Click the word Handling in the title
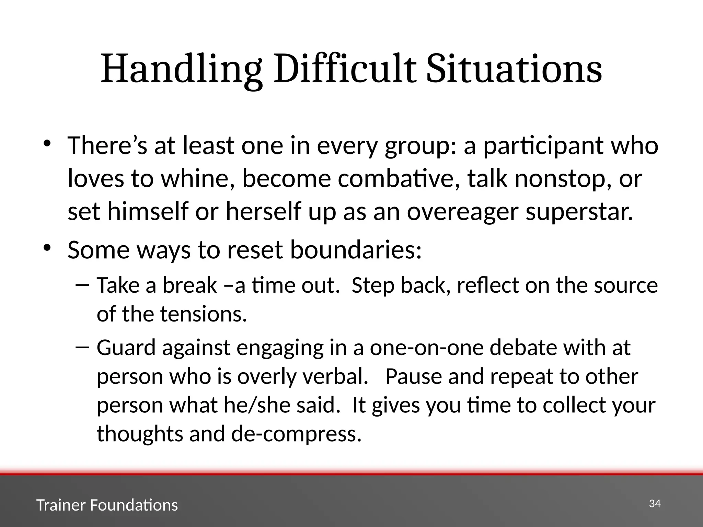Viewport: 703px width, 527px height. point(181,70)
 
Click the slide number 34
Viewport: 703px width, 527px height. point(655,504)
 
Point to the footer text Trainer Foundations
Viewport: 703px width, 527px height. point(107,505)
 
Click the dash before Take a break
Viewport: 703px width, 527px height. point(82,285)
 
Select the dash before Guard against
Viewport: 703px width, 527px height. point(82,347)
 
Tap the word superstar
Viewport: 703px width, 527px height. point(579,212)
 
